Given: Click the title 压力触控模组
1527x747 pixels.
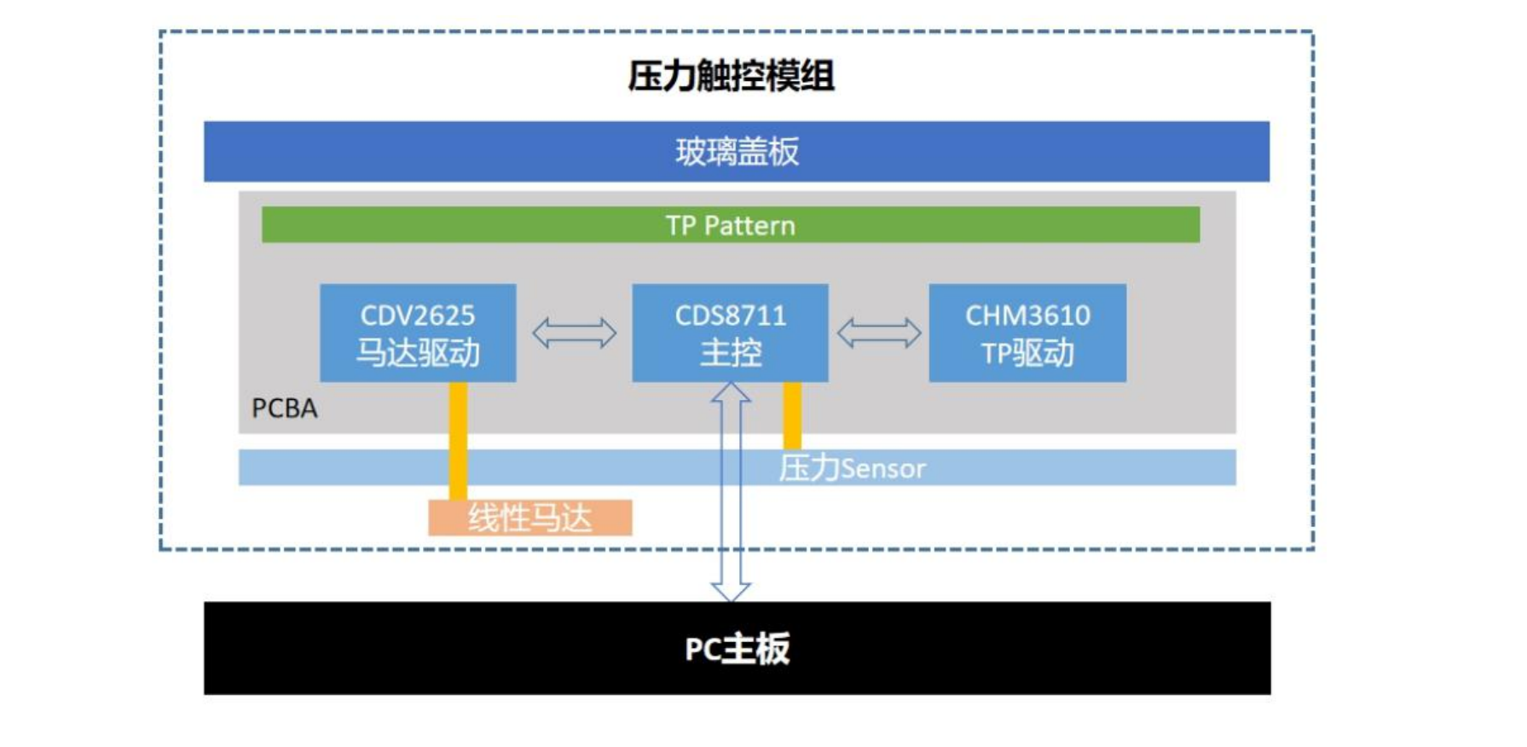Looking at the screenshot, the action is (731, 76).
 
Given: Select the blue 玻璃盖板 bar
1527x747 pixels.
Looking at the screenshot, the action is (737, 152).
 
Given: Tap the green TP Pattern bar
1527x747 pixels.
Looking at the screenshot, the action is (731, 224).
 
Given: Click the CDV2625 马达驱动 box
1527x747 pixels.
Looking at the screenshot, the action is (418, 333).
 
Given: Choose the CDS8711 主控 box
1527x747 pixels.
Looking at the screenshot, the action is (730, 333).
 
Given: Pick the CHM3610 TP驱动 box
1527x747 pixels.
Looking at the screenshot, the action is (1027, 333).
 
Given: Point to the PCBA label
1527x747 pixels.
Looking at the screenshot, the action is (285, 408).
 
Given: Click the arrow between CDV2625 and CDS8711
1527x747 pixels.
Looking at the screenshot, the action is (574, 333).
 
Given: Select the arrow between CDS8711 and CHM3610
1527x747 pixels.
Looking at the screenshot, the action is (879, 333).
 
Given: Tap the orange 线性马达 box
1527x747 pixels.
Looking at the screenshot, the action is (529, 518).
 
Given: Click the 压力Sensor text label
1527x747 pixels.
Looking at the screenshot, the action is (852, 468).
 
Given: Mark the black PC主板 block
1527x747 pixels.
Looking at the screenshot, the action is (737, 648).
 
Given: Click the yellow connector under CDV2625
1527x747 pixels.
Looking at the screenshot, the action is (458, 441).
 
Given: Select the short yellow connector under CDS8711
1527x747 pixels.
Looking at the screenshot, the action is (792, 415).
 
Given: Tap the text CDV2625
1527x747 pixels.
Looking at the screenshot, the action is (418, 316).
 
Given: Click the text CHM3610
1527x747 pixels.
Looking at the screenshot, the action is (1027, 316).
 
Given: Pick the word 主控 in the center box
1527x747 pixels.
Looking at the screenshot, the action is (731, 352).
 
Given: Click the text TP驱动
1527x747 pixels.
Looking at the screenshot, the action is (1027, 352).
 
